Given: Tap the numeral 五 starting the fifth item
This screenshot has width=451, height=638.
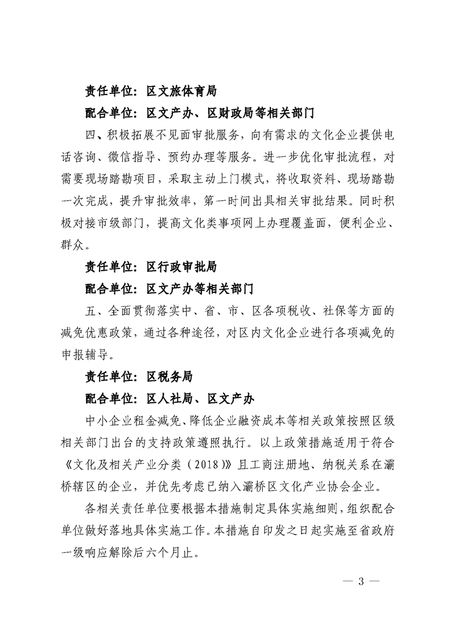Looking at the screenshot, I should tap(90, 310).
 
